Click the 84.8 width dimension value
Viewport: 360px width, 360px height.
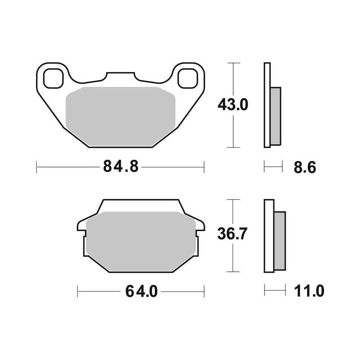click(121, 167)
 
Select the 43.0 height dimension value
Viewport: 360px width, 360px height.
click(233, 105)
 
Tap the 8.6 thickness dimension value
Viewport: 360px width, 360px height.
click(305, 167)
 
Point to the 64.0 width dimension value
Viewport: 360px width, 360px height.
click(141, 291)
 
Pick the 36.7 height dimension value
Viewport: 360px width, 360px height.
click(233, 234)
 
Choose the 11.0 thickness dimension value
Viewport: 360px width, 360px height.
click(309, 291)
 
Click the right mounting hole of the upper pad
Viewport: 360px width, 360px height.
click(188, 78)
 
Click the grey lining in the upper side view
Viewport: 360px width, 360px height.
click(275, 116)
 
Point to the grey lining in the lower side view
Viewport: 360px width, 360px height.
click(280, 240)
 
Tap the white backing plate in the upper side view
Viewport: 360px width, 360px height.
click(267, 105)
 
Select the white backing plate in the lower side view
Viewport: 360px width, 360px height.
click(269, 236)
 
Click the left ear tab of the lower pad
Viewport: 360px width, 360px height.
click(82, 225)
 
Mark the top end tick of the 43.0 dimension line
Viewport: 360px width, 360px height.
click(234, 63)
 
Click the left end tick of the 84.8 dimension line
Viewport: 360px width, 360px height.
click(37, 167)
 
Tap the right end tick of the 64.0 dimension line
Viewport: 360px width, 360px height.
click(204, 291)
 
